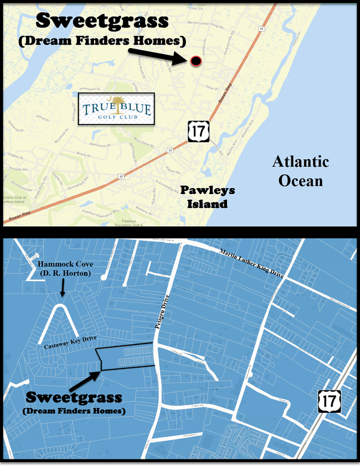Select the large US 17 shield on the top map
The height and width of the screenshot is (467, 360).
196,132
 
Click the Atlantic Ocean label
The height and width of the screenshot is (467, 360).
300,171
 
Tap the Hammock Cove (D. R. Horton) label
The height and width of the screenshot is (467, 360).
64,268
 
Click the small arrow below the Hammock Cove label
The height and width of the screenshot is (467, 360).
62,288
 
